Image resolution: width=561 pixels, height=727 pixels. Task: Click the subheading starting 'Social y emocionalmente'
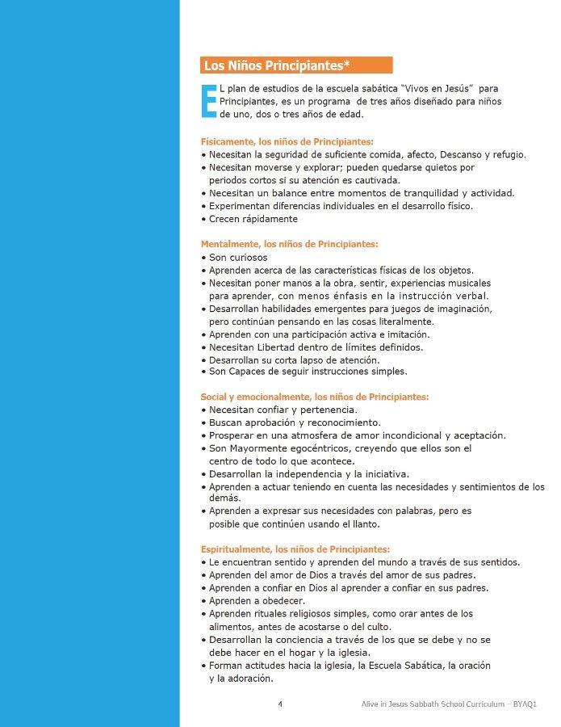(x=314, y=397)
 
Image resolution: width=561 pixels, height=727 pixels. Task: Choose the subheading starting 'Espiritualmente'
(x=295, y=548)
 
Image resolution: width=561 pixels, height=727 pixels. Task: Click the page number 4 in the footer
(x=280, y=704)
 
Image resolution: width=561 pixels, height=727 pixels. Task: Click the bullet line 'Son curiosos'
(x=238, y=257)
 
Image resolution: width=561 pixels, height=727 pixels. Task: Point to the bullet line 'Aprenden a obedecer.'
(x=257, y=601)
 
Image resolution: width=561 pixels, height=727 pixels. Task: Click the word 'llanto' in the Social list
(x=342, y=524)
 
